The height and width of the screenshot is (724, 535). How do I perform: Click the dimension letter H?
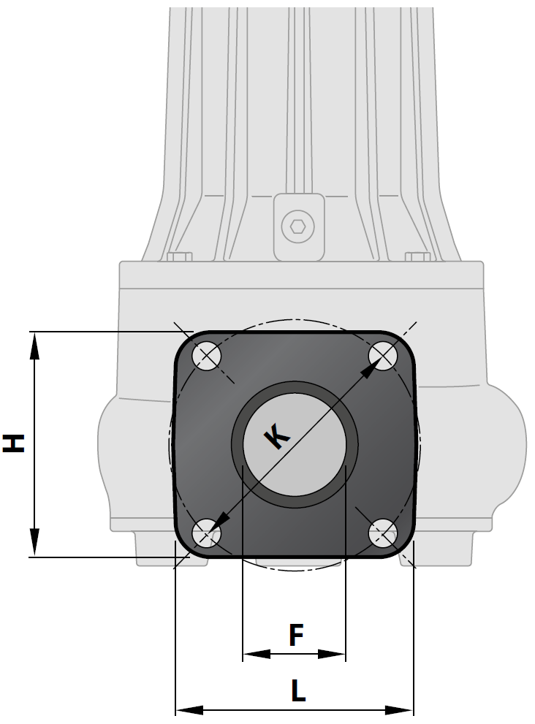[x=14, y=443]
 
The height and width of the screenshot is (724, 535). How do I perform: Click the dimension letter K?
[x=276, y=437]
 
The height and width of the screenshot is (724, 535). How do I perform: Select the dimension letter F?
[x=295, y=635]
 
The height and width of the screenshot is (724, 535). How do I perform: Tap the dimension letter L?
[x=297, y=690]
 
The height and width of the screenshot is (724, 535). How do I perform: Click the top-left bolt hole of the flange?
[x=208, y=357]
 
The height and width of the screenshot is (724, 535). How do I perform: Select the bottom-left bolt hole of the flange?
[x=206, y=533]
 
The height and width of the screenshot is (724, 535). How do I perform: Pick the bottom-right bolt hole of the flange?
[x=383, y=533]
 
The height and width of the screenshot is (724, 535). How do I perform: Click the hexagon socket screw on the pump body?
[x=298, y=226]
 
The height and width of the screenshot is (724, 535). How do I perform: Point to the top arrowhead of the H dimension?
[x=34, y=344]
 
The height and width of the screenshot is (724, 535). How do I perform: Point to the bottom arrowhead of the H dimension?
[x=34, y=544]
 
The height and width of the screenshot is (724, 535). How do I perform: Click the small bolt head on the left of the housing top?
[x=179, y=256]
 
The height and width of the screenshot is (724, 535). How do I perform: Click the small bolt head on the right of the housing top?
[x=417, y=256]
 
